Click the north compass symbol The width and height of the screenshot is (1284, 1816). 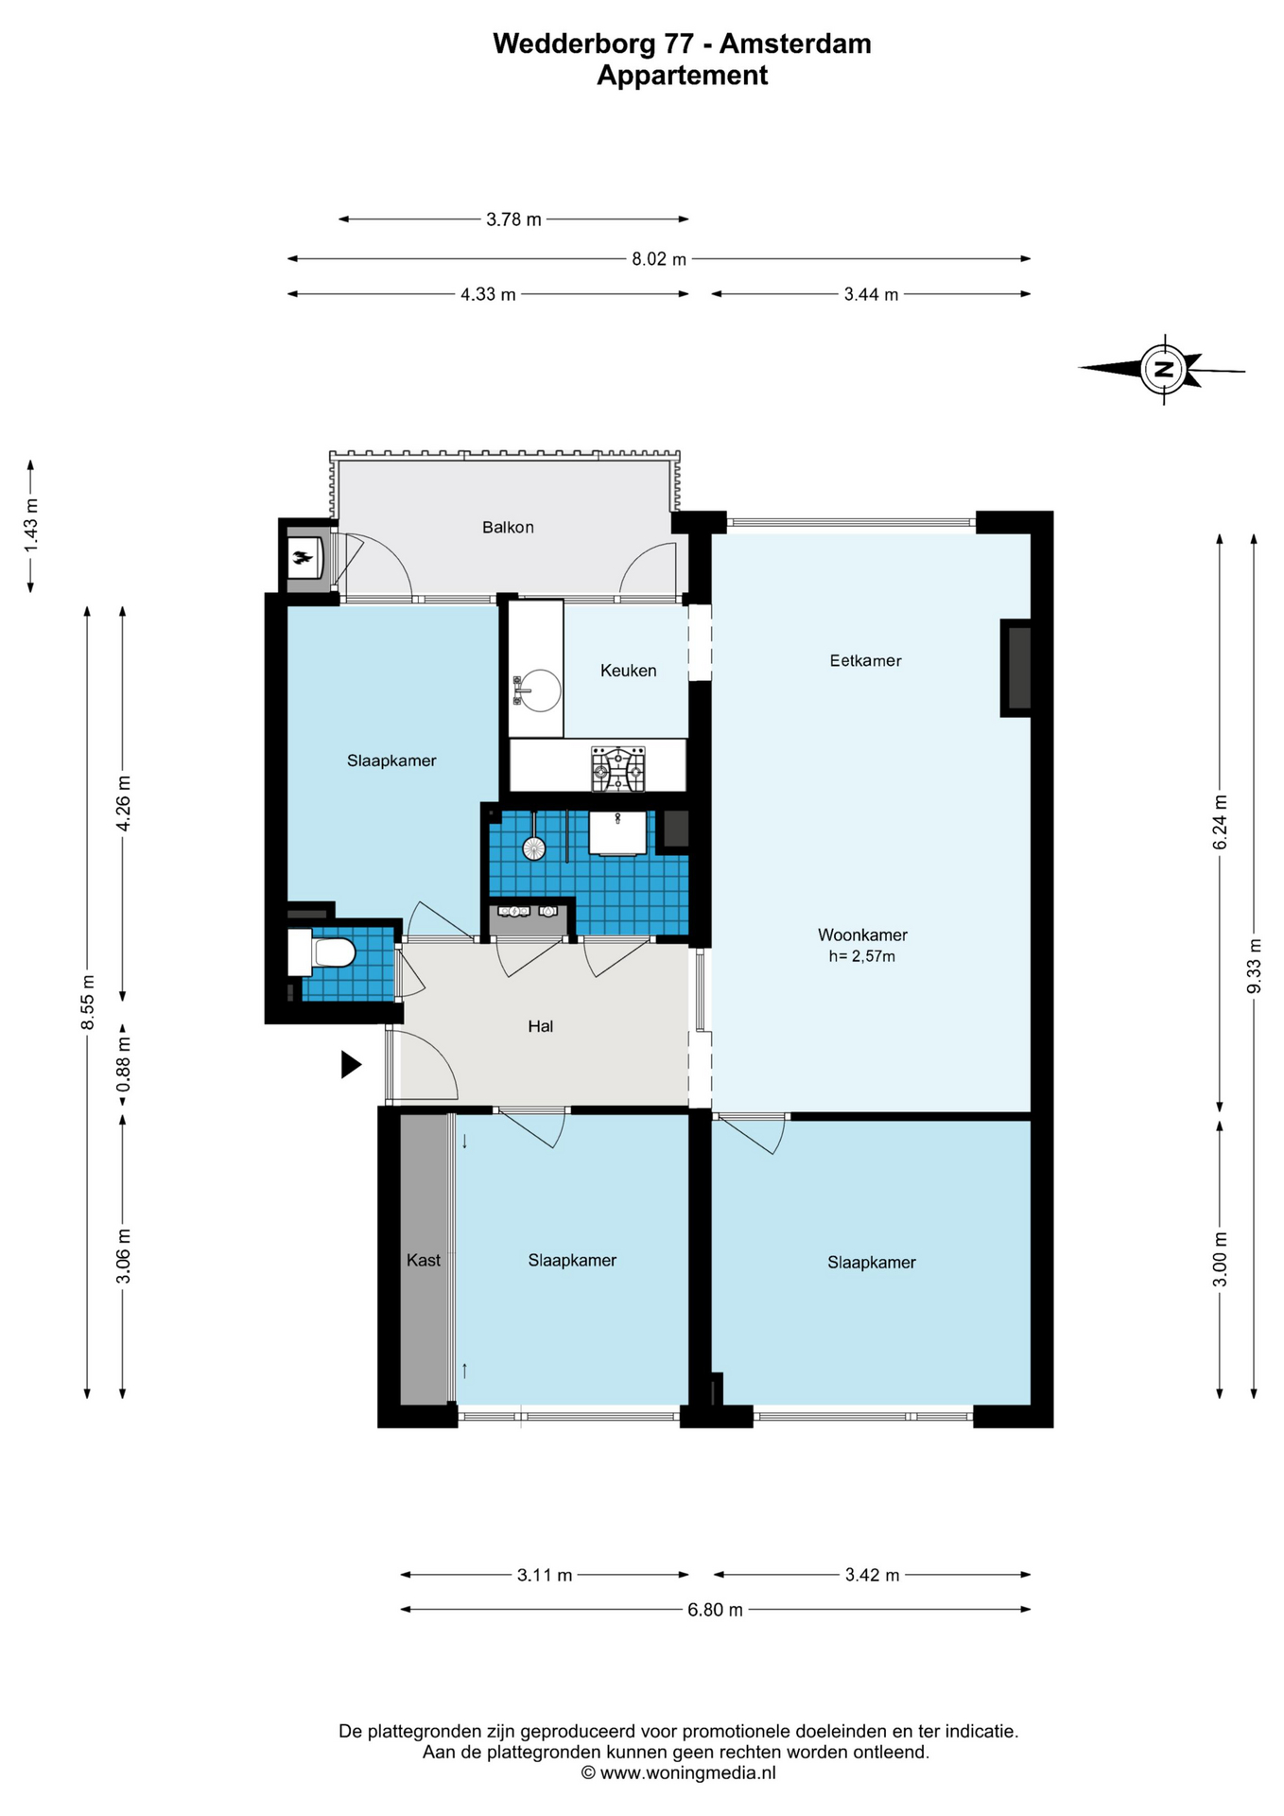point(1164,369)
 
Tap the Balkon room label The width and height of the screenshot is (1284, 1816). point(508,528)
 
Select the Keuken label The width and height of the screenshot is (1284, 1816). point(628,671)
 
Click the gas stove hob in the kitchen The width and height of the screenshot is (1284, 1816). point(618,768)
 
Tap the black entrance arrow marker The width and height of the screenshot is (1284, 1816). point(351,1065)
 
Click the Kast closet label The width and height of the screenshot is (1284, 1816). point(424,1260)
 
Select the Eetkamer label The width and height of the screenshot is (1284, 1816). point(865,661)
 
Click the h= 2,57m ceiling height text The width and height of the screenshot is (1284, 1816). point(861,956)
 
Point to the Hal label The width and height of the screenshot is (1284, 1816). point(540,1026)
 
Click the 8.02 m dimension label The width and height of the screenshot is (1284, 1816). point(659,259)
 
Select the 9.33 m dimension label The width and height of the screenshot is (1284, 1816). point(1255,966)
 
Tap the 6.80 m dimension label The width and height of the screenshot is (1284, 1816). point(715,1610)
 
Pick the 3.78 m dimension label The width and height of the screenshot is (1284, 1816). point(513,219)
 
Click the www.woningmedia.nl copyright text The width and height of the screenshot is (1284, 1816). point(678,1773)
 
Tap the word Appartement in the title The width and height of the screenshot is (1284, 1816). point(682,76)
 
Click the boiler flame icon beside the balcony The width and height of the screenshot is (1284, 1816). point(303,558)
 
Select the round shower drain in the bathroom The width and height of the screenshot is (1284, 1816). point(534,848)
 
